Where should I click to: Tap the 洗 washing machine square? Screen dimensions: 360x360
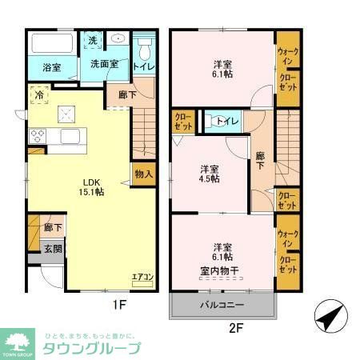tap(93, 41)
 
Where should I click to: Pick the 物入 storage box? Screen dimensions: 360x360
tap(144, 174)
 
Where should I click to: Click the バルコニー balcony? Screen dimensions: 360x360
tap(222, 306)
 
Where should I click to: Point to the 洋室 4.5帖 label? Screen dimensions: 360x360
tap(210, 174)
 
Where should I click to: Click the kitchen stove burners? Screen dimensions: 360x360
tap(37, 135)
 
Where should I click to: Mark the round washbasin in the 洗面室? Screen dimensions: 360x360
tap(117, 38)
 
